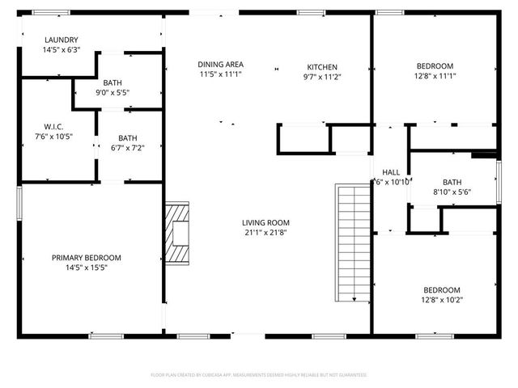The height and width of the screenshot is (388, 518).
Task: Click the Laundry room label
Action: coord(62,40)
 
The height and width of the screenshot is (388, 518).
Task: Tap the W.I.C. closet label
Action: coord(53,126)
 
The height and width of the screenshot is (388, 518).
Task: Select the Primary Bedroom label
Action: coord(91,258)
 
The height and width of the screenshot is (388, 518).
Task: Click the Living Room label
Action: coord(265,222)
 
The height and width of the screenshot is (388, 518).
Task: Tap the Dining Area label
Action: coord(220,64)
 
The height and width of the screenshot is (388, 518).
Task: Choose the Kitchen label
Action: coord(321,67)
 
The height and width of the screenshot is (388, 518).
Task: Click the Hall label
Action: coord(391,172)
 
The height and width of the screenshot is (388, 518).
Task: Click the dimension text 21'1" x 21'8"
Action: coord(265,233)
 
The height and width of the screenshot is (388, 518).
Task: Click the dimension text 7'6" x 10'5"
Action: coord(53,136)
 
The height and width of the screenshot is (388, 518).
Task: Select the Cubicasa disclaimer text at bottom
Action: coord(259,375)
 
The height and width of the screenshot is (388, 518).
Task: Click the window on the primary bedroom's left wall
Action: coord(19,202)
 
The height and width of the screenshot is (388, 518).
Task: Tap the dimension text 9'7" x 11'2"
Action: coord(321,78)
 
